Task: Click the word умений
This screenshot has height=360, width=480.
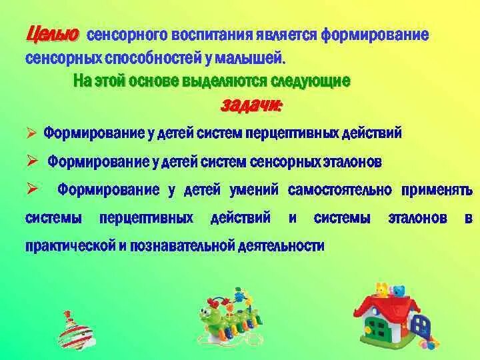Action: pyautogui.click(x=253, y=189)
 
